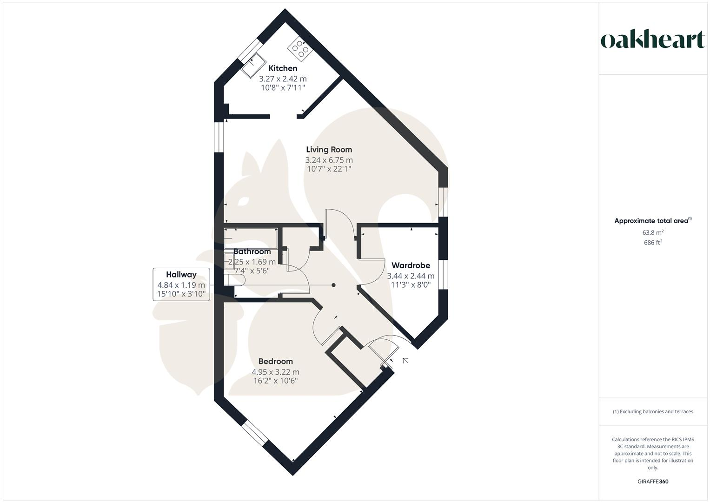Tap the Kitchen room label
pyautogui.click(x=283, y=68)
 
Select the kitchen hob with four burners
pyautogui.click(x=300, y=48)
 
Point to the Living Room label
pyautogui.click(x=329, y=150)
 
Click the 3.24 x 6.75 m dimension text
pyautogui.click(x=329, y=160)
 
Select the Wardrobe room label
pyautogui.click(x=411, y=265)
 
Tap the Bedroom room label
pyautogui.click(x=275, y=361)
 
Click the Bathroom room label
pyautogui.click(x=252, y=251)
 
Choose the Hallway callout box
pyautogui.click(x=181, y=284)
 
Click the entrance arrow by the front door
pyautogui.click(x=405, y=360)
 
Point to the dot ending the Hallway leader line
pyautogui.click(x=333, y=285)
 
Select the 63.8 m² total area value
pyautogui.click(x=653, y=232)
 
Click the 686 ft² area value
pyautogui.click(x=653, y=243)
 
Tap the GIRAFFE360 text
pyautogui.click(x=653, y=482)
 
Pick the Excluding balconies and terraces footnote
pyautogui.click(x=653, y=411)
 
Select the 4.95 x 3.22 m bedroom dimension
pyautogui.click(x=275, y=372)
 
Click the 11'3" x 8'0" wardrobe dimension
pyautogui.click(x=411, y=284)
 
